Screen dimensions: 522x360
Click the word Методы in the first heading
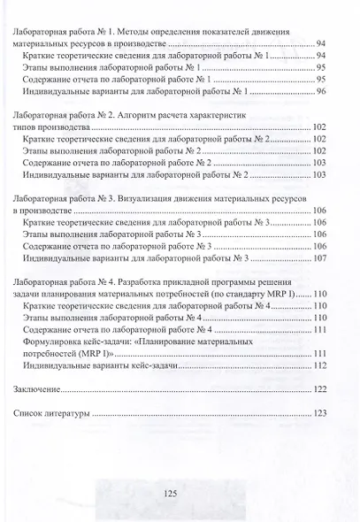click(x=142, y=32)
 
